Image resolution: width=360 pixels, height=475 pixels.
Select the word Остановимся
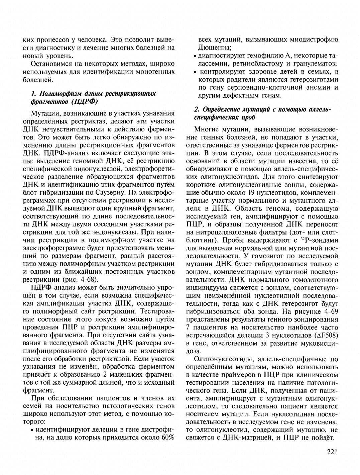(51, 64)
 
